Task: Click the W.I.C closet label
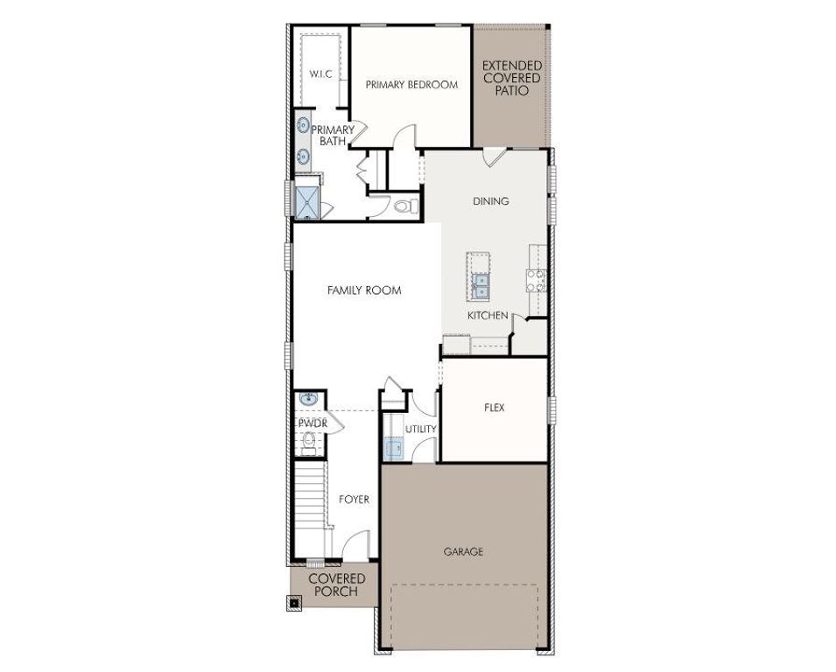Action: (320, 73)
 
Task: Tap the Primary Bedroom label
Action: (411, 85)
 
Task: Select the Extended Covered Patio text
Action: (511, 78)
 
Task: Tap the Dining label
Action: (490, 201)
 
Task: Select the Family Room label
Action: (364, 290)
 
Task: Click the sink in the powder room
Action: (307, 400)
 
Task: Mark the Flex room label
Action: (494, 408)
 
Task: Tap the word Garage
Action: (463, 552)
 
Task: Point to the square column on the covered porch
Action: (296, 602)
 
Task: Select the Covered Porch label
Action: (336, 585)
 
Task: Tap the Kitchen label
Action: (488, 315)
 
